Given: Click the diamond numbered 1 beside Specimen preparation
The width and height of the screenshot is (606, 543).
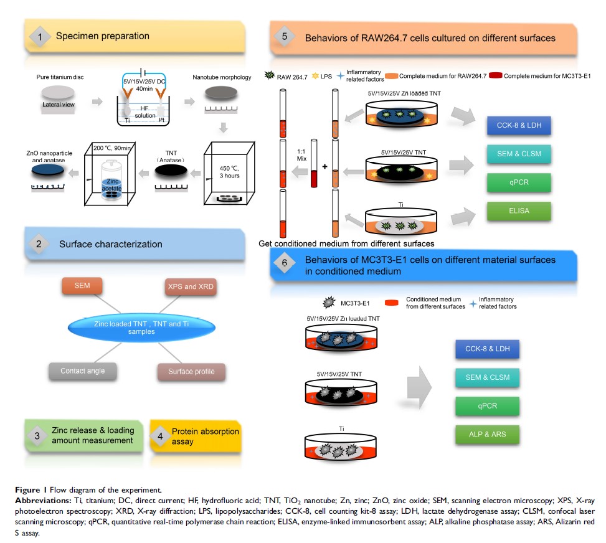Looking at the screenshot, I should (x=40, y=37).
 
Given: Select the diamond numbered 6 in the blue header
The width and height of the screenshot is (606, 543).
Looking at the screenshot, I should (x=285, y=263).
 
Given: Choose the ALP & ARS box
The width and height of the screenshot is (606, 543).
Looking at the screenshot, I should (x=486, y=434).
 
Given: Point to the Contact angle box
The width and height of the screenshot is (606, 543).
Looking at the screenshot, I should (x=82, y=371).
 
